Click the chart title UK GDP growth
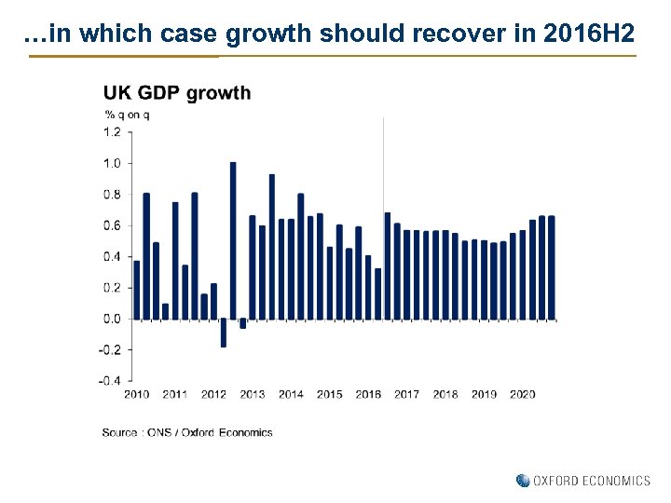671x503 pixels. [176, 93]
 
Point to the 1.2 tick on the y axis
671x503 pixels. [112, 132]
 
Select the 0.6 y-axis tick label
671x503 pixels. [112, 225]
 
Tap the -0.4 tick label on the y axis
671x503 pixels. [110, 380]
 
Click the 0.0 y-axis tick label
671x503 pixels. [112, 319]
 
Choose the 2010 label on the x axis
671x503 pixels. [136, 395]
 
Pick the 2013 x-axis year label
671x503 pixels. [252, 395]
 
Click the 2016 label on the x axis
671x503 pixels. [368, 395]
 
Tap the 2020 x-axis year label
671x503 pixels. [522, 395]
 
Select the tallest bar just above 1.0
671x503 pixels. [233, 240]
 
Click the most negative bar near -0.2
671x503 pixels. [224, 333]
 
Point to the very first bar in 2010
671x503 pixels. [137, 290]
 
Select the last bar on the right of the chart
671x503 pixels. [551, 267]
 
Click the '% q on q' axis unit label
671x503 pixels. [127, 115]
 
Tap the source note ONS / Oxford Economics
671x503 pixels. [187, 432]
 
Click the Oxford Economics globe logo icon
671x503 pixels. [523, 481]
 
